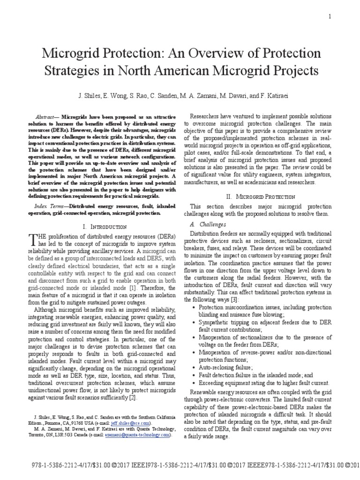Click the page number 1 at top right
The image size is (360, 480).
(330, 17)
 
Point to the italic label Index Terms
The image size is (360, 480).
(49, 206)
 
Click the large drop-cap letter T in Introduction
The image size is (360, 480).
(33, 240)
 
